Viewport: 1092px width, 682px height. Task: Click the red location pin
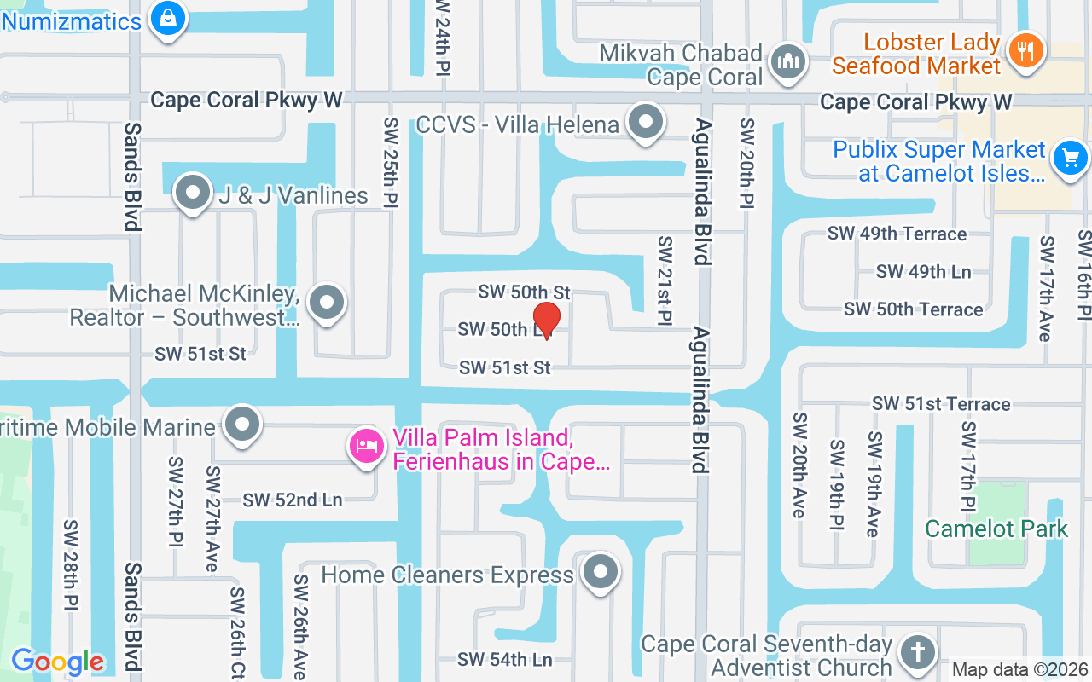coord(546,319)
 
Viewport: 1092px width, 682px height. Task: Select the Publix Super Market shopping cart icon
coord(1071,158)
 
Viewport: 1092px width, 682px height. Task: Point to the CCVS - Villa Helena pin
coord(646,122)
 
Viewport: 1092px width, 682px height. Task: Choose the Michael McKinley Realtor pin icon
coord(325,302)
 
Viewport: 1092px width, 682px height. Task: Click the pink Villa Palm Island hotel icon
coord(368,445)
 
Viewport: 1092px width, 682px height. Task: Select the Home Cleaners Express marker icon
coord(601,571)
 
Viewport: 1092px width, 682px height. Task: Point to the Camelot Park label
coord(996,529)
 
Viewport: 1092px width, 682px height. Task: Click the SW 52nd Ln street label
coord(293,500)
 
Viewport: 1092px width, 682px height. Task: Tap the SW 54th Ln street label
coord(505,659)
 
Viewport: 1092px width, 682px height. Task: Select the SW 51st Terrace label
coord(941,403)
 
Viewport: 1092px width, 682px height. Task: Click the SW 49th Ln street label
coord(923,271)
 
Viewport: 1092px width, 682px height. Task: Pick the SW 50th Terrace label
coord(914,309)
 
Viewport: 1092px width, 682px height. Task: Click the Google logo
coord(57,662)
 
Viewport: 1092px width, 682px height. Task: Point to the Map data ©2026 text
coord(1019,670)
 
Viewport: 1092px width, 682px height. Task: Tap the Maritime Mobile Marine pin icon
coord(242,424)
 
